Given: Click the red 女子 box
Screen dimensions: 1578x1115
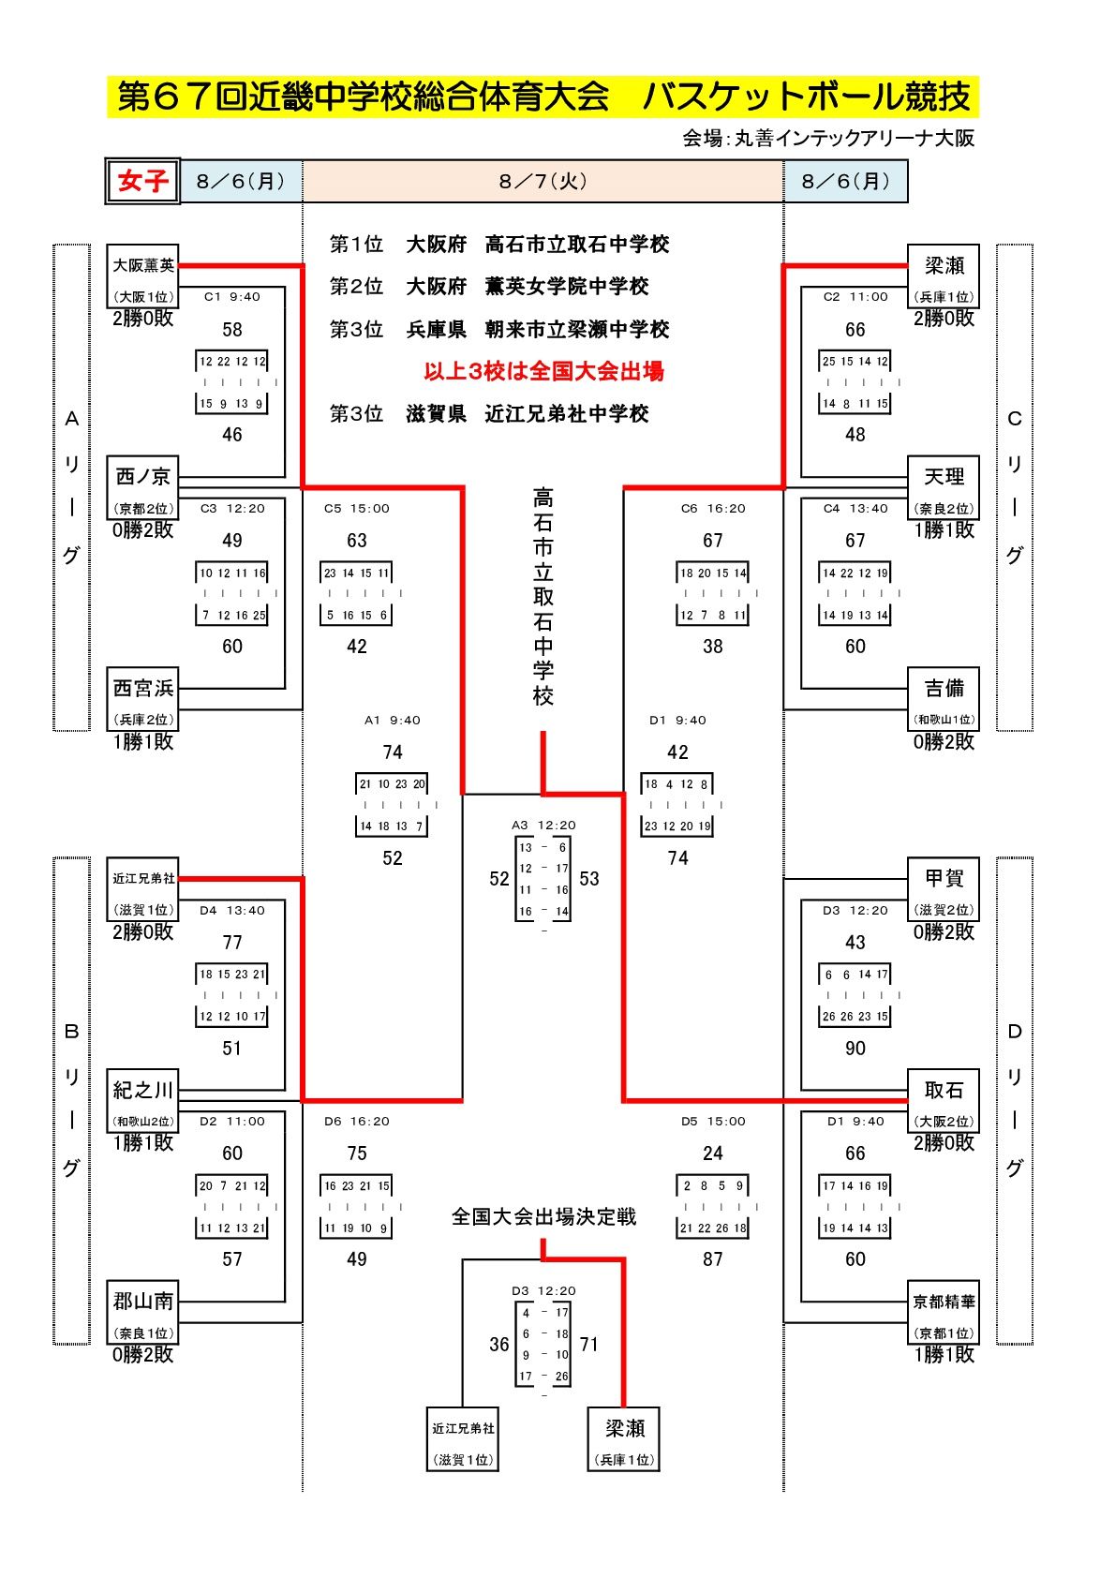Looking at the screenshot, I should [141, 181].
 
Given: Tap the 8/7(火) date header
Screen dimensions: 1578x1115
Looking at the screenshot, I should [543, 181].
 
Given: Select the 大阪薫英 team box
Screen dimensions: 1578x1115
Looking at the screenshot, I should [143, 276].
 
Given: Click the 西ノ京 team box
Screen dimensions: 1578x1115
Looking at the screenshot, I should [143, 487].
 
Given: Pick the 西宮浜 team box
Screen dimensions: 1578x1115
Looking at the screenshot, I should [143, 699].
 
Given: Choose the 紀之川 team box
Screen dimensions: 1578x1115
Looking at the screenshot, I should [143, 1100].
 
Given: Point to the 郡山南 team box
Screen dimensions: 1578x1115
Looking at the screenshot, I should [143, 1312].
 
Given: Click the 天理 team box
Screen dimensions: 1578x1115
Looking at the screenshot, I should [944, 487].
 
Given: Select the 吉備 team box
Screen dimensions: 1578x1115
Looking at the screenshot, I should [944, 699].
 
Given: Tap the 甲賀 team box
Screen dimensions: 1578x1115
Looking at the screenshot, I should [944, 889].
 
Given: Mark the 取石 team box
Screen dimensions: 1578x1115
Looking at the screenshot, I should [944, 1100].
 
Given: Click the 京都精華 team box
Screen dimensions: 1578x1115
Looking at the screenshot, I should [944, 1312].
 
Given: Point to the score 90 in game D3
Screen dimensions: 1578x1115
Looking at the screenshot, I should [855, 1049].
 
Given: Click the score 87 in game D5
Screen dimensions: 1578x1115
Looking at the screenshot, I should [712, 1259].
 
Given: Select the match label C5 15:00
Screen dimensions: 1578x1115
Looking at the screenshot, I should [356, 509].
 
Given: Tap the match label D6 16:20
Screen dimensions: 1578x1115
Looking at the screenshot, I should [356, 1122].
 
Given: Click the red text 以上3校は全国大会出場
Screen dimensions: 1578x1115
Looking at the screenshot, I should [543, 371].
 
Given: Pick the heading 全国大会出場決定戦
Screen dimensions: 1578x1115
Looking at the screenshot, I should [543, 1216].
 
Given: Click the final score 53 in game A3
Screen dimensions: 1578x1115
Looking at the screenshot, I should [588, 879].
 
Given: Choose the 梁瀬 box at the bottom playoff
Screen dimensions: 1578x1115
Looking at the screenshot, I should [624, 1438].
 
